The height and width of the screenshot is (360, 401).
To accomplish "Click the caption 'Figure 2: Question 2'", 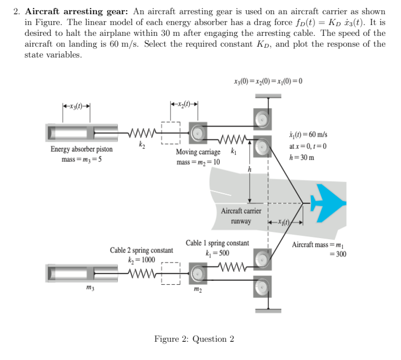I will pos(194,339).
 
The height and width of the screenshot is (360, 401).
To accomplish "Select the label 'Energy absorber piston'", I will pos(81,149).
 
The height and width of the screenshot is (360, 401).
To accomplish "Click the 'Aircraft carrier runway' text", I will pos(242,216).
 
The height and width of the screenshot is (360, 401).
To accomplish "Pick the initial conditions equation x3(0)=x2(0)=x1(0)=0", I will pos(268,79).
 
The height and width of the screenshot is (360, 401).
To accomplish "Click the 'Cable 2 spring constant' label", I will pos(142,250).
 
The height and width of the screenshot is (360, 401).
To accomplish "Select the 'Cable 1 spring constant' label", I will pos(218,243).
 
